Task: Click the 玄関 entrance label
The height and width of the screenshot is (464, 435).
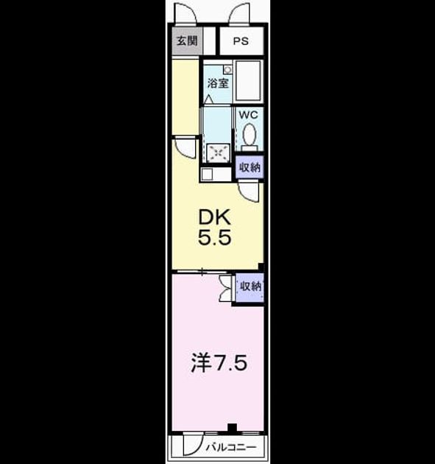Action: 187,41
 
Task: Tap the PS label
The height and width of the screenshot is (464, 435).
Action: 241,41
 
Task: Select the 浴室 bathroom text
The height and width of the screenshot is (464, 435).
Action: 218,83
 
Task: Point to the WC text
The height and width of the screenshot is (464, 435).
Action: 248,114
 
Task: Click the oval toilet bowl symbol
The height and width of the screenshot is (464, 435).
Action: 250,134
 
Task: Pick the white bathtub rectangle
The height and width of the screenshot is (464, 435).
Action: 248,81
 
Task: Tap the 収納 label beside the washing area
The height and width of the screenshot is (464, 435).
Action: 250,167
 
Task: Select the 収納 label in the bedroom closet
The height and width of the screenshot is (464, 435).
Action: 250,287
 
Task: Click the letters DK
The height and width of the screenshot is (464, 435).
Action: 214,217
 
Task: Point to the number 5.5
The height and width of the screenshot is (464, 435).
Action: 214,237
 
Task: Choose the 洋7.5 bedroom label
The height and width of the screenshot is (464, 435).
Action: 219,363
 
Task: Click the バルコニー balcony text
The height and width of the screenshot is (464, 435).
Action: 231,447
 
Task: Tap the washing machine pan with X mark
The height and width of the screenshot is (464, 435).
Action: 219,152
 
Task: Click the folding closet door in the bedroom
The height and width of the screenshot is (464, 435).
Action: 226,288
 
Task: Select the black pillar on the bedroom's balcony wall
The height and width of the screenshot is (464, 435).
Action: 232,428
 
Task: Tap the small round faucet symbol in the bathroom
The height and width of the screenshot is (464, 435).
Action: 227,69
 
